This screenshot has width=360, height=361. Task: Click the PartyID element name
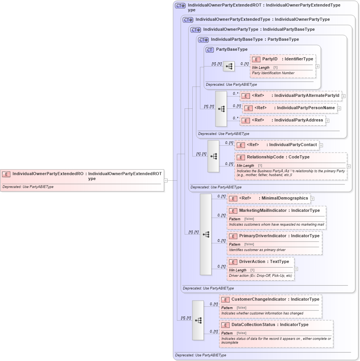point(270,59)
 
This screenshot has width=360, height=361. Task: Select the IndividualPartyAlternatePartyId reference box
point(291,96)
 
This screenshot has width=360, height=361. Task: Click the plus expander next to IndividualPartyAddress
point(327,121)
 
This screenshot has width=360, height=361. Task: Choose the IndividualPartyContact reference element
point(277,145)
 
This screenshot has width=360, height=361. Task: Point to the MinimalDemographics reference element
point(269,198)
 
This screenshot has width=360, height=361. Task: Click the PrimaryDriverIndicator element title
point(262,236)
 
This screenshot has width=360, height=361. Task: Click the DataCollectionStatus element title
point(253,325)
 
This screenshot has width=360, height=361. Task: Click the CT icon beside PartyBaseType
point(210,50)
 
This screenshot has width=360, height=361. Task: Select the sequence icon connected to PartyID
point(229,66)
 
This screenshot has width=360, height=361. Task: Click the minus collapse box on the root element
point(166,180)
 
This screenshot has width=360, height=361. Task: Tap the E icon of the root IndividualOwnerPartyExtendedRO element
point(6,174)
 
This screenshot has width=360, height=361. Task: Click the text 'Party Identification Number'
point(273,73)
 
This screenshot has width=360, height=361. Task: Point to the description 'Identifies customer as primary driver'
point(257,250)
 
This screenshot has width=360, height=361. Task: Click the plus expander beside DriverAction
point(296,269)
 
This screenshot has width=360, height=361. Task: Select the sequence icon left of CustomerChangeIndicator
point(198,320)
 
